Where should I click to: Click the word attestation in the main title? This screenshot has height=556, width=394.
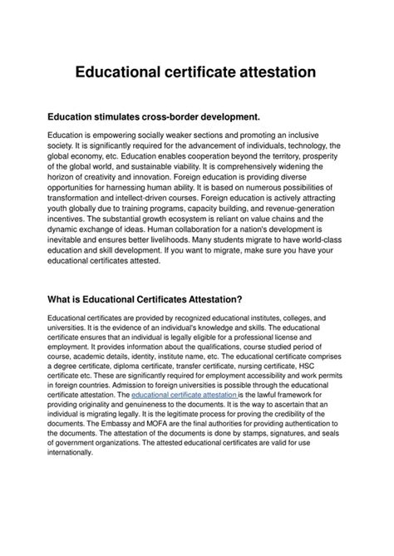(267, 72)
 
